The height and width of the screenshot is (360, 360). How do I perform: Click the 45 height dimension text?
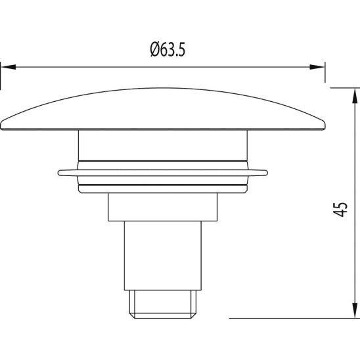point(340,210)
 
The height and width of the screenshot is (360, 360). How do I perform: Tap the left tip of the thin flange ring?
point(60,173)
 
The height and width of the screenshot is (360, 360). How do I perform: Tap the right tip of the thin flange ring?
point(267,173)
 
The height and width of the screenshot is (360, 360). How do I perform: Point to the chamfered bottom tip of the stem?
point(163,304)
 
